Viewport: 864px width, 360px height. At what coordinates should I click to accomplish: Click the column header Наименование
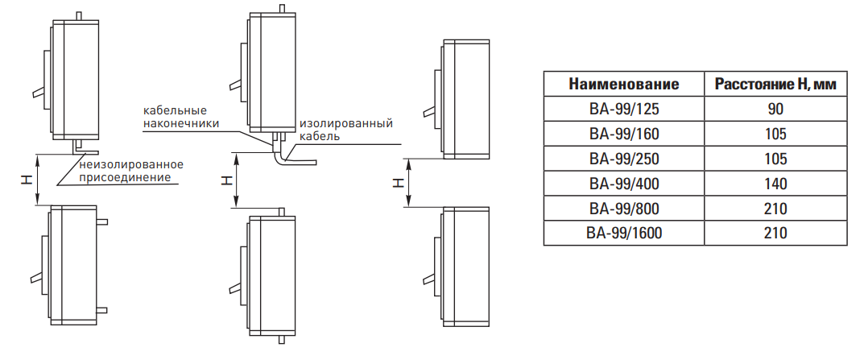624,85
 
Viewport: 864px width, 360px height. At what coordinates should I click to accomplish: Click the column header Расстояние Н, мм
775,85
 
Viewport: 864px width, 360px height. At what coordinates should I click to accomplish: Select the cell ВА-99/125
624,110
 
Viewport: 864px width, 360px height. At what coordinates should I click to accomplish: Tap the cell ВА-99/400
624,184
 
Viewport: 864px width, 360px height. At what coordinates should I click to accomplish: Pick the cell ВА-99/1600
624,234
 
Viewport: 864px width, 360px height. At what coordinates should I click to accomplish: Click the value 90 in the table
775,110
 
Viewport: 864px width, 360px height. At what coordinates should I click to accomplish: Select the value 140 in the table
775,184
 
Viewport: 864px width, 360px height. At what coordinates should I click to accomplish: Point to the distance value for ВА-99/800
775,209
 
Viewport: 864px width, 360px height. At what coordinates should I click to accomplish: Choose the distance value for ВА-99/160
775,134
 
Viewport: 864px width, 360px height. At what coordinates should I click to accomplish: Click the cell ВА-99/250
624,159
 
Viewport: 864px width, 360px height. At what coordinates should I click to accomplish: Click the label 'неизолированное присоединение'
131,171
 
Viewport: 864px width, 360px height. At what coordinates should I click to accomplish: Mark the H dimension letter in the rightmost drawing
397,183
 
